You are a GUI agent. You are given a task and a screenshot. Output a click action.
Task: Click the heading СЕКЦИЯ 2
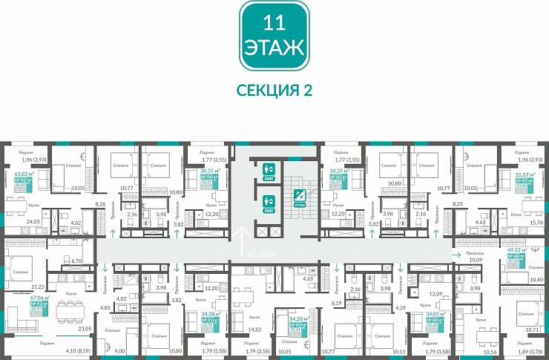pos(274,90)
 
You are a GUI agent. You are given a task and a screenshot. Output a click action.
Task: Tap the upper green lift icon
pos(269,168)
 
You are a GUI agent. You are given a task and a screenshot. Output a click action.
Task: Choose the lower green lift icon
pos(269,201)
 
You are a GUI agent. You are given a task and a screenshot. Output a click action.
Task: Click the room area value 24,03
pos(33,221)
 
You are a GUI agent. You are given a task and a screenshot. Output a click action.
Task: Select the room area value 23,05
pos(85,328)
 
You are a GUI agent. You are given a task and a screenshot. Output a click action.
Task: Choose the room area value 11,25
pos(37,286)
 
